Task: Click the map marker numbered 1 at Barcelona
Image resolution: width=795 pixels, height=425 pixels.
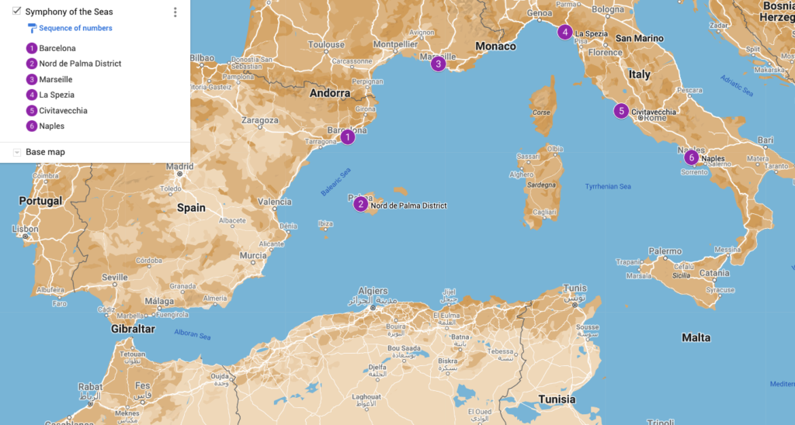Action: (x=348, y=137)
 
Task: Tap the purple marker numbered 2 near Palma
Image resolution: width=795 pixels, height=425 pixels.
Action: (x=361, y=205)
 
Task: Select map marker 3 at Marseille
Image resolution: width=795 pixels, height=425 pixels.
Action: (x=439, y=64)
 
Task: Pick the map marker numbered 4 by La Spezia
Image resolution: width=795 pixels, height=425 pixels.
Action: (x=565, y=32)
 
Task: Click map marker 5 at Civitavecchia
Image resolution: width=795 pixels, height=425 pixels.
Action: (x=621, y=111)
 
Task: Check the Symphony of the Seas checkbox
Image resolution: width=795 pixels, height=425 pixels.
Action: (x=17, y=12)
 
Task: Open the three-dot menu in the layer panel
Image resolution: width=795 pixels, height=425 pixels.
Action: (x=175, y=12)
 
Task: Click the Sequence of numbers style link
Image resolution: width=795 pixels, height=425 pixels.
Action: (x=75, y=28)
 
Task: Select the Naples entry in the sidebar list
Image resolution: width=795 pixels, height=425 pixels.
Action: (x=51, y=126)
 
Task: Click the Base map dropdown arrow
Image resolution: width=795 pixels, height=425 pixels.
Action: (x=17, y=152)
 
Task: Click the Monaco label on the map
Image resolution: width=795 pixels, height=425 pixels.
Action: (x=495, y=47)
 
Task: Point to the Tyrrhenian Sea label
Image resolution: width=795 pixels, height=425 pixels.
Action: (x=608, y=186)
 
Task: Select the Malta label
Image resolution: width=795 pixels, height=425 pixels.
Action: (x=696, y=337)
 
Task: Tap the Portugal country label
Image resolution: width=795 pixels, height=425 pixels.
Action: (x=40, y=201)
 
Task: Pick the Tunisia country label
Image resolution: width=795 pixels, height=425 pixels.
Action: (x=557, y=399)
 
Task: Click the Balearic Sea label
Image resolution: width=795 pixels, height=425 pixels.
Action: (x=335, y=182)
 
